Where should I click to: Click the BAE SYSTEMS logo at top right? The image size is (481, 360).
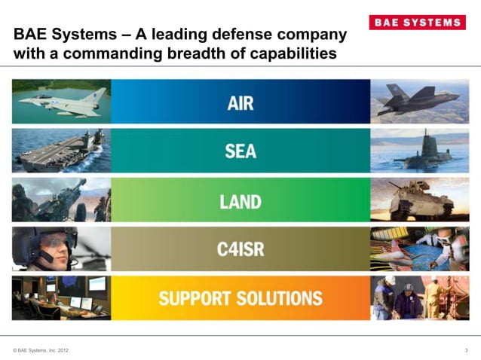[416, 23]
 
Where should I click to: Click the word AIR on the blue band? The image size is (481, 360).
[240, 103]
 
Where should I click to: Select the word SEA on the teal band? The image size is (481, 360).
[240, 151]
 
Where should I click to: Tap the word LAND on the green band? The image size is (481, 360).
[240, 201]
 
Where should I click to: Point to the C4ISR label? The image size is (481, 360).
[240, 249]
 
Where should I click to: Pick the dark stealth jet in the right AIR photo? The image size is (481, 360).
[418, 99]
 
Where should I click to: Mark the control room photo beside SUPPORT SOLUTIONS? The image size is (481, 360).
[61, 297]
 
